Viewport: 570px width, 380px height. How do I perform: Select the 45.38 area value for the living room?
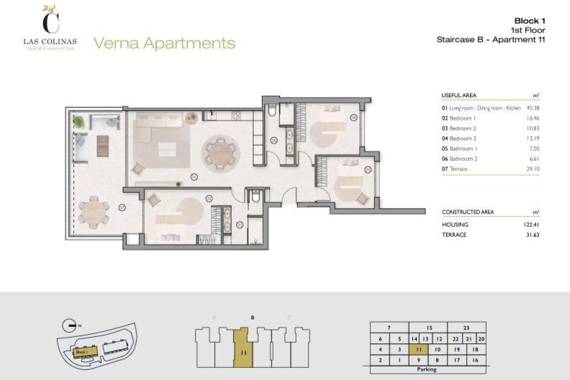coord(533,108)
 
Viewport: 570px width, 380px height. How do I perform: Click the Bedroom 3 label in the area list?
coord(459,138)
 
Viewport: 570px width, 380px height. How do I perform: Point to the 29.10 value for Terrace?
coord(533,169)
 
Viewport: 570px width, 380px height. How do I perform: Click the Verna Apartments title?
coord(164,43)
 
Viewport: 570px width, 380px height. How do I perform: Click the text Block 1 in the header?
coord(530,21)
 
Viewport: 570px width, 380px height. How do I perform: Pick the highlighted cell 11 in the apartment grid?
coord(419,349)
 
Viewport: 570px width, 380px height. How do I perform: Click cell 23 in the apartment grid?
coord(466,328)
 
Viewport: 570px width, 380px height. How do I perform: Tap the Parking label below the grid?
coord(427,369)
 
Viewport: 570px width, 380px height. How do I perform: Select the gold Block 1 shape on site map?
coord(85,352)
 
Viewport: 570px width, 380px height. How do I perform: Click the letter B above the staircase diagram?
coord(252,318)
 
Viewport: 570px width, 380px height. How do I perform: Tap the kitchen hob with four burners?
coord(236,115)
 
